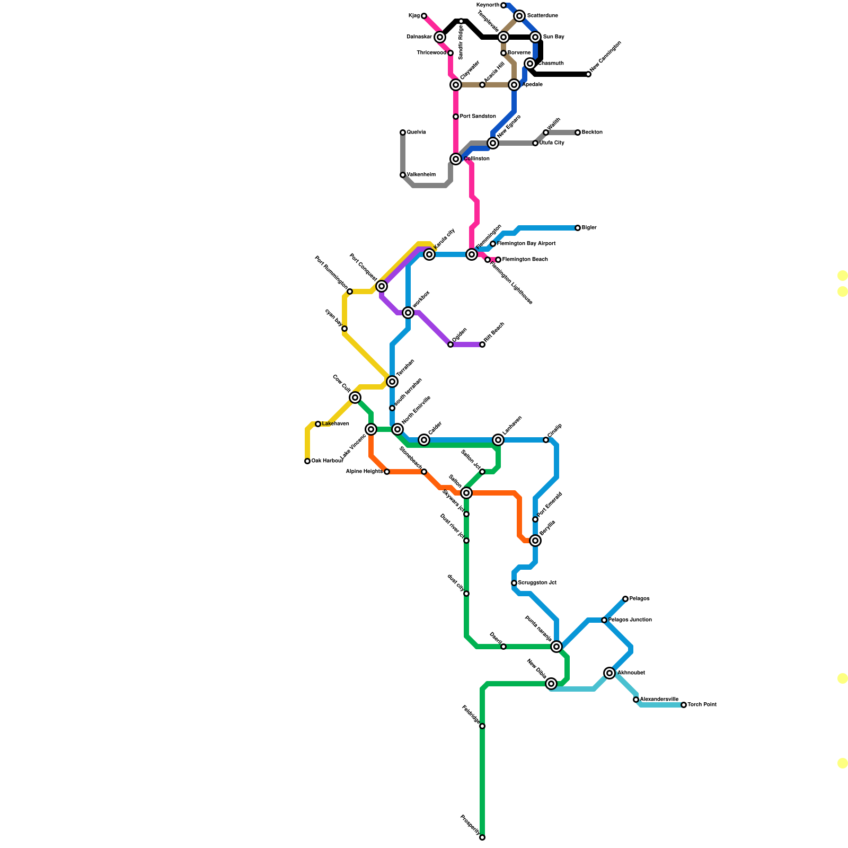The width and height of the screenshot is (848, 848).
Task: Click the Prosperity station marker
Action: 482,837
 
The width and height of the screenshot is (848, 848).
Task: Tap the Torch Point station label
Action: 702,705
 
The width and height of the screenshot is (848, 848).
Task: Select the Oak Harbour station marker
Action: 307,461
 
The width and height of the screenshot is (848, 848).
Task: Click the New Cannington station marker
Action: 588,74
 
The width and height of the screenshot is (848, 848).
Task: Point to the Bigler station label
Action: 589,228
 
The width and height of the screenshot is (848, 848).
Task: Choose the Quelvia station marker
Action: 403,132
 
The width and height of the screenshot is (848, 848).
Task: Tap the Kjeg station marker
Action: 424,16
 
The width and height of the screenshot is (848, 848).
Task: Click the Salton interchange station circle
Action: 466,493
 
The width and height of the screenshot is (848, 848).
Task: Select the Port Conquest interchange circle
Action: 382,286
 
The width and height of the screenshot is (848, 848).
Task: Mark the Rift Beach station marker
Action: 482,344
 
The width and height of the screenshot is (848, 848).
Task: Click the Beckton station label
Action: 592,132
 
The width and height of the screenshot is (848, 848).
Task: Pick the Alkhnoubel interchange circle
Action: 609,673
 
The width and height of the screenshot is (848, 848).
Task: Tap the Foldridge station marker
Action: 482,726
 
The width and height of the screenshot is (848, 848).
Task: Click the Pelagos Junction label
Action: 630,620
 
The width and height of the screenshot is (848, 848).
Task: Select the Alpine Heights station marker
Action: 387,472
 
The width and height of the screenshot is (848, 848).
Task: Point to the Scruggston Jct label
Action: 537,583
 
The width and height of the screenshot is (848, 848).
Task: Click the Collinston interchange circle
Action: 456,159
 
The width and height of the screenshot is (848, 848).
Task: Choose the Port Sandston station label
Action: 478,117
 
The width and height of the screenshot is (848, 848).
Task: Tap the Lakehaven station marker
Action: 318,424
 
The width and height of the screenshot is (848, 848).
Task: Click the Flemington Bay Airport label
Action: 526,244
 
